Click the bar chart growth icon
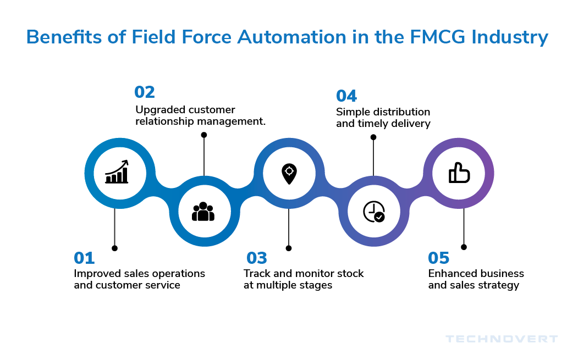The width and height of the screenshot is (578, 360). (x=117, y=172)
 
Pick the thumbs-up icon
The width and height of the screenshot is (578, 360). (x=459, y=173)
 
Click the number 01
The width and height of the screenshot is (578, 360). (x=84, y=258)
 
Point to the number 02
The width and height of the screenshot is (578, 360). (x=145, y=92)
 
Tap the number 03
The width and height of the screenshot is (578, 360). (x=257, y=258)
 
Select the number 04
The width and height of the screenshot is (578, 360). (x=346, y=96)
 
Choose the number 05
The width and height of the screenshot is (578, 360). (x=439, y=258)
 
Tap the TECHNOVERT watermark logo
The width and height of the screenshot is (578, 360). (x=502, y=339)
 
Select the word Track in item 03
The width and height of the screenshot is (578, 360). (x=256, y=273)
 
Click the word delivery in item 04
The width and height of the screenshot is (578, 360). (x=409, y=124)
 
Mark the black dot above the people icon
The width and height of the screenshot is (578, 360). (x=204, y=135)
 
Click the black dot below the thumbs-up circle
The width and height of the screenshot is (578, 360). (x=464, y=247)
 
